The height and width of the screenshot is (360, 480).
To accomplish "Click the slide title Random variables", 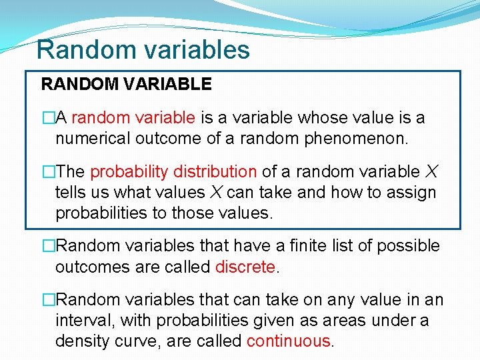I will pos(143,49).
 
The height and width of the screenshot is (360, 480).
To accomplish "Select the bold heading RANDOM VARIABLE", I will pos(126,84).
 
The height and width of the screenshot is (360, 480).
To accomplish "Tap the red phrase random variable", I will pos(133,118).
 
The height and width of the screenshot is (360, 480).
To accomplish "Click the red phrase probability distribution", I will pos(173,171).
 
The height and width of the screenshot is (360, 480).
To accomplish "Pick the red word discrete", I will pos(245,267).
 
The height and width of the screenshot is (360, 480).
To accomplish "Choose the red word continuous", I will pos(289,341).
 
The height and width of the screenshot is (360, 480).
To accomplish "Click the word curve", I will pos(137,341).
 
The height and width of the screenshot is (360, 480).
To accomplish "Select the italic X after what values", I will pos(215,193).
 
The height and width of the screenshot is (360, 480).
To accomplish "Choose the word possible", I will pos(409,246).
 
